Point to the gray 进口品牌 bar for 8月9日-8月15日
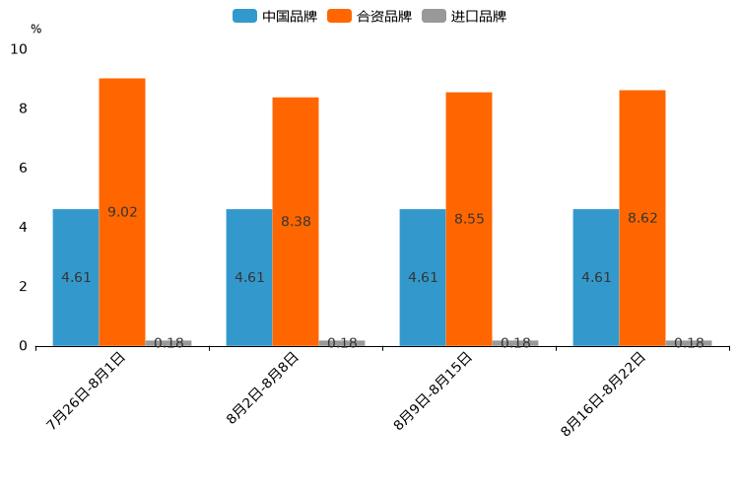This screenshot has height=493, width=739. [x=515, y=343]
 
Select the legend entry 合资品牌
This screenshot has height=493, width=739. [x=369, y=16]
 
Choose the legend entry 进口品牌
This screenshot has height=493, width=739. [x=464, y=16]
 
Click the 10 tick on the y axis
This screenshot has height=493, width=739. [x=19, y=49]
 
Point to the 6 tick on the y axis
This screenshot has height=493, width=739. [x=23, y=168]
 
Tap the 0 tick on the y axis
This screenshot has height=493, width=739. [x=23, y=346]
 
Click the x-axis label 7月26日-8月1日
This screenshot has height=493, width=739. [x=87, y=390]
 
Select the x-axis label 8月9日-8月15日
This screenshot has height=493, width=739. [x=434, y=390]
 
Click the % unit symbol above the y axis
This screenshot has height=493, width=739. [x=35, y=30]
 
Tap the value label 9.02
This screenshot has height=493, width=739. [x=122, y=212]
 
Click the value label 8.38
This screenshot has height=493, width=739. [x=296, y=222]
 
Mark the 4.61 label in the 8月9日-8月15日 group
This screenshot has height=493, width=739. [x=423, y=277]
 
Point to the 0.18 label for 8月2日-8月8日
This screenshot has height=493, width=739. [x=342, y=343]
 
